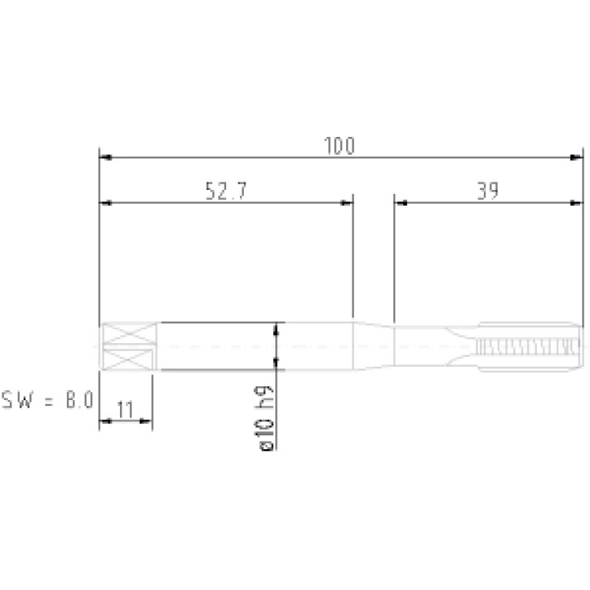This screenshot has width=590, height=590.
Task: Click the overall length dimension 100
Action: point(339,146)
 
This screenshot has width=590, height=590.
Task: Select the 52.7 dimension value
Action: point(226,191)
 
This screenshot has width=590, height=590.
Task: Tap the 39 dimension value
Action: point(488,191)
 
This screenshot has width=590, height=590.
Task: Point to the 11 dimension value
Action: point(125,409)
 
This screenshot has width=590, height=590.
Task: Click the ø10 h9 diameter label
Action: point(265,418)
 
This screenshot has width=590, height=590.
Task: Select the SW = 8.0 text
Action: point(48,399)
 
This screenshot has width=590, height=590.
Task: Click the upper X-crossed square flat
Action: point(129,333)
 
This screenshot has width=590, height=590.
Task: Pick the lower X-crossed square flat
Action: point(128,359)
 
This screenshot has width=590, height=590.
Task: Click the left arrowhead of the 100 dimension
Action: point(105,157)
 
